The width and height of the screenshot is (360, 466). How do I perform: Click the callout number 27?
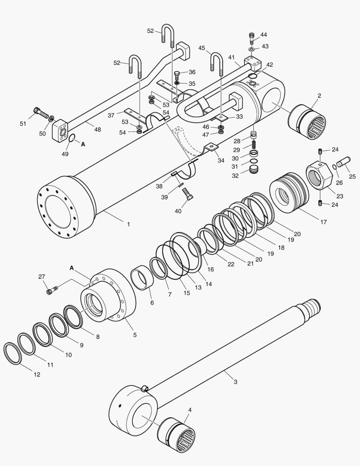click(41, 277)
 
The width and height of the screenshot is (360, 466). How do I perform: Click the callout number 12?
click(37, 375)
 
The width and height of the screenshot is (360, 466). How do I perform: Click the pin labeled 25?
click(344, 163)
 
